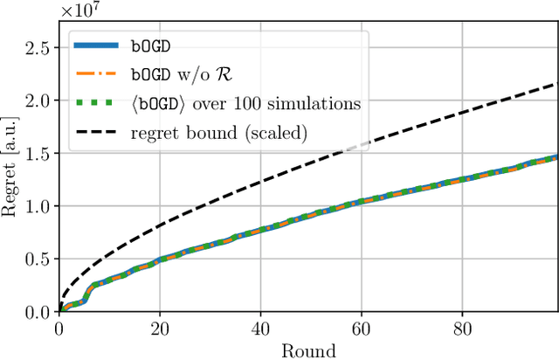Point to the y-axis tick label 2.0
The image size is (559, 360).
(x=38, y=100)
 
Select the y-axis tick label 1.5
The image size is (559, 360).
(x=38, y=153)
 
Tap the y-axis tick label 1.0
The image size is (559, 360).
(x=38, y=206)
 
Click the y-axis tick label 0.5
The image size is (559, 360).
(x=38, y=259)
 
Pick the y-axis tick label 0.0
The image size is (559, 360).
(x=38, y=312)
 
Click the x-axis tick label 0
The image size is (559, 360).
(x=59, y=329)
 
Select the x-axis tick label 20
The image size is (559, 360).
(x=159, y=329)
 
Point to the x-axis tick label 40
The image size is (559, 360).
(x=259, y=329)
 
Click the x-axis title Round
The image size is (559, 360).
(x=307, y=350)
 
